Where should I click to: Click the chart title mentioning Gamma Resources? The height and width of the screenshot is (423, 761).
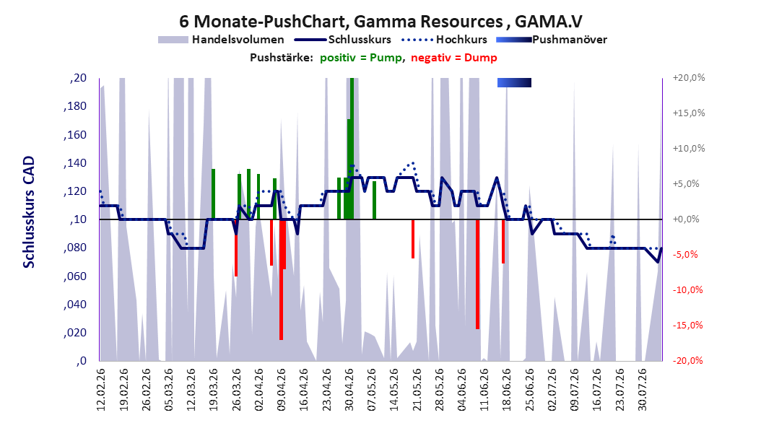[380, 22]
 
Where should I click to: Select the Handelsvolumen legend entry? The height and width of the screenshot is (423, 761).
[221, 40]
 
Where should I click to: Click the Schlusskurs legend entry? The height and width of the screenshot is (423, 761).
[343, 40]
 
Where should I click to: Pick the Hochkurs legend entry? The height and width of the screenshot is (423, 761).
[444, 40]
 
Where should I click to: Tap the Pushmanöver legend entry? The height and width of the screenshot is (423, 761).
[552, 40]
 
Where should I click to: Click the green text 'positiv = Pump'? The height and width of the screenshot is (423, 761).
[361, 58]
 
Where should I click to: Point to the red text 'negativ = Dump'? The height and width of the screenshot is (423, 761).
[454, 58]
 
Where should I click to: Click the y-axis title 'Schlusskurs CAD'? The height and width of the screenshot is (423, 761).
[29, 211]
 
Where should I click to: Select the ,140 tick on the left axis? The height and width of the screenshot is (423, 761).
[75, 163]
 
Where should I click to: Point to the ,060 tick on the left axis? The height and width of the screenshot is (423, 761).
[75, 276]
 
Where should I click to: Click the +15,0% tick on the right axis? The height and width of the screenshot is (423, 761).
[689, 113]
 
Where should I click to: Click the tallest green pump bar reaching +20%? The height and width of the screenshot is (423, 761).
[352, 149]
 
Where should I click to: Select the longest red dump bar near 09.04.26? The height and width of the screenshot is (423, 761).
[281, 279]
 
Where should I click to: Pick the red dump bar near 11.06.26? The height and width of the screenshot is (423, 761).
[477, 274]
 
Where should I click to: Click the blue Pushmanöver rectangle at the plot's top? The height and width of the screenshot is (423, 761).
[515, 82]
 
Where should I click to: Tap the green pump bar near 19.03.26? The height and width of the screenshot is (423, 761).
[213, 194]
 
